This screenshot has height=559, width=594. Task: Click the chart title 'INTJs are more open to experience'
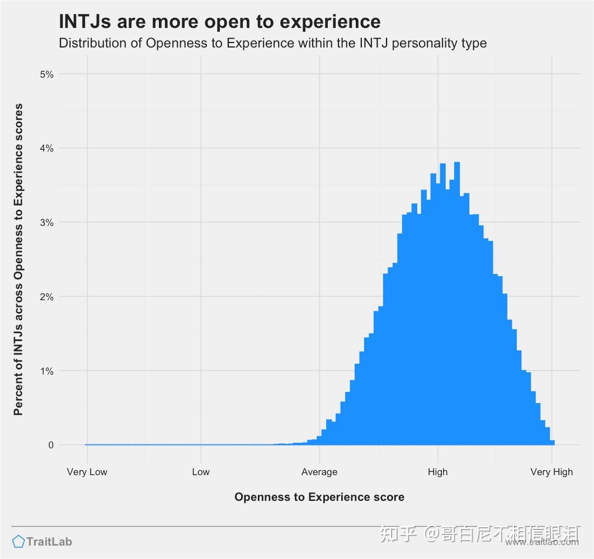[220, 22]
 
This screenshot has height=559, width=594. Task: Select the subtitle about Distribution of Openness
[273, 43]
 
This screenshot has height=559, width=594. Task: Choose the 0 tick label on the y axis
[51, 445]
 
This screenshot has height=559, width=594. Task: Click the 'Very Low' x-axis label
[87, 472]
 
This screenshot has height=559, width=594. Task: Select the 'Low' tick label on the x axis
[201, 472]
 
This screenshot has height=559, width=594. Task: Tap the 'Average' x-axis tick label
[319, 472]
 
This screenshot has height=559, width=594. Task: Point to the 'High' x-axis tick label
[437, 472]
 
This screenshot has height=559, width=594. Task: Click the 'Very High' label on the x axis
[551, 472]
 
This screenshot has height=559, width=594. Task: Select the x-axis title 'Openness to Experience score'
[319, 497]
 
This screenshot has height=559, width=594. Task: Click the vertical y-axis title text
[18, 259]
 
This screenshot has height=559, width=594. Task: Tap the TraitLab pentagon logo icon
[18, 541]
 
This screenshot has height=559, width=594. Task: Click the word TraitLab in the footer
[49, 541]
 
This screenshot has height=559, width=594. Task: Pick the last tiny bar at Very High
[553, 443]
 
